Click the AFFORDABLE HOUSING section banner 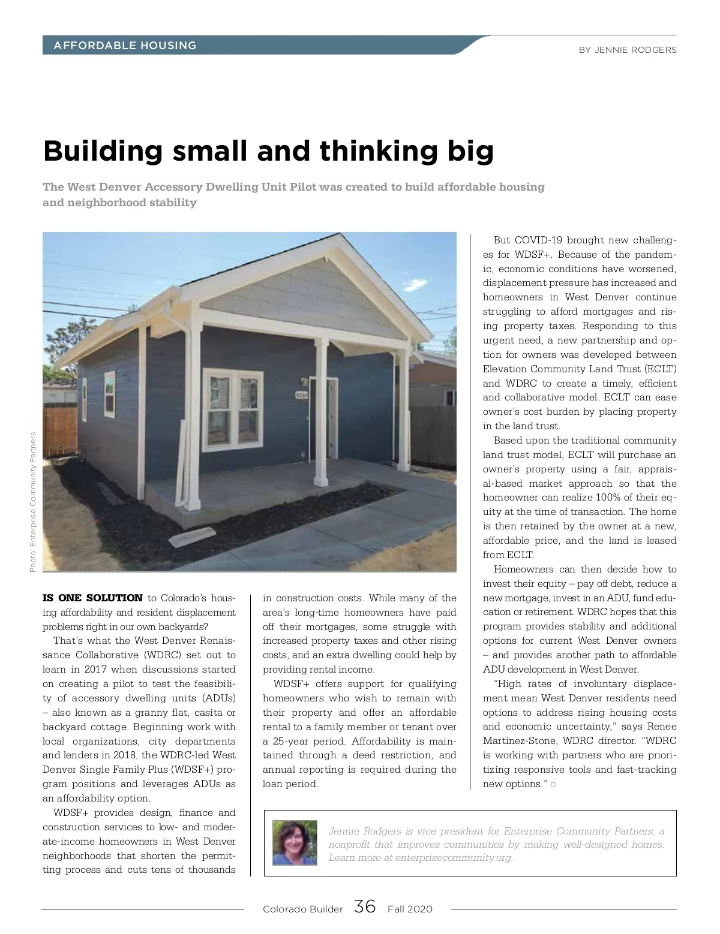(125, 46)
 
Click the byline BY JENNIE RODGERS (627, 50)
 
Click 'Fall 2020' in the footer (410, 909)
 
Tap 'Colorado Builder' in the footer (302, 909)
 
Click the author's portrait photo (295, 843)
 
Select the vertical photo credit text (33, 502)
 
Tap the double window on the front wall (233, 401)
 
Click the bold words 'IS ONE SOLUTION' (92, 598)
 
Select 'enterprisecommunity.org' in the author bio (454, 857)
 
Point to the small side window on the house (110, 394)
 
